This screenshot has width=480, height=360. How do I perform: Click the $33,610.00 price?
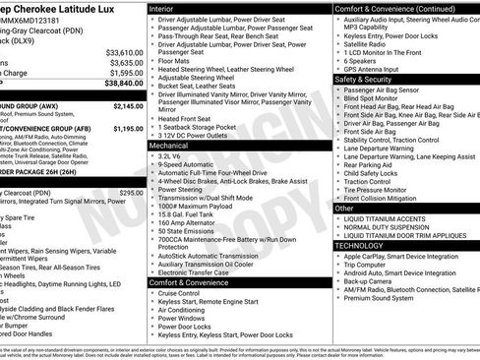coord(124,51)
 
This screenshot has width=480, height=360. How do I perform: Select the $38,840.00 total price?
coord(124,84)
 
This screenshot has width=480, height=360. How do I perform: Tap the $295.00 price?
coord(131,193)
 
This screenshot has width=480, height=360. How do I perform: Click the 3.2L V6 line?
coord(174,155)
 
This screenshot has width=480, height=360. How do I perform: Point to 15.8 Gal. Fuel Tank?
coord(189,213)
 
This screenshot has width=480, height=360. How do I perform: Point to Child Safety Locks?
coord(375,172)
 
